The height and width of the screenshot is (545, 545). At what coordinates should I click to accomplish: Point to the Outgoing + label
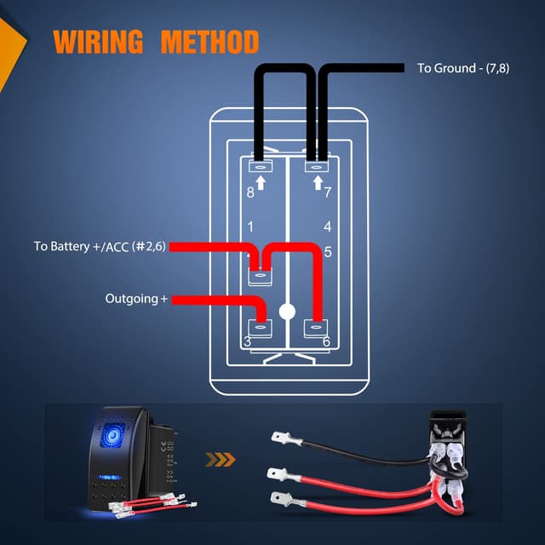[137, 299]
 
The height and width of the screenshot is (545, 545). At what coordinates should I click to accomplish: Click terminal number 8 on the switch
[250, 192]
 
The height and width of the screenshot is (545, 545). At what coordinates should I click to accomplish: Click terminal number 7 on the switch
[327, 192]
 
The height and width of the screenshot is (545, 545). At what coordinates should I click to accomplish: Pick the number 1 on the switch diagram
[250, 227]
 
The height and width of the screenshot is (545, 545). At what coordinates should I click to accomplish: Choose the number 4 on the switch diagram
[327, 227]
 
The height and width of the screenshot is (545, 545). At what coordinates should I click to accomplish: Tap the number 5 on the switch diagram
[328, 252]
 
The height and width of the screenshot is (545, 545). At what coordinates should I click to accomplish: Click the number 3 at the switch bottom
[247, 341]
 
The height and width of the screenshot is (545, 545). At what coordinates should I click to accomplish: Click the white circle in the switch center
[288, 312]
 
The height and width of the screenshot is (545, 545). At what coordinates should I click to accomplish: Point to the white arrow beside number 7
[317, 181]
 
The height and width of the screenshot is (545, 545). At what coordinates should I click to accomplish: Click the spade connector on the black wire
[284, 440]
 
